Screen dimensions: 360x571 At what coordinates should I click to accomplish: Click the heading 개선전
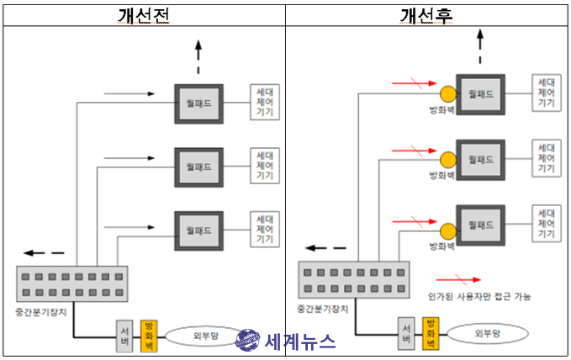pos(144,15)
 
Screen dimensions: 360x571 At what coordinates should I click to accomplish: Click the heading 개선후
pos(427,15)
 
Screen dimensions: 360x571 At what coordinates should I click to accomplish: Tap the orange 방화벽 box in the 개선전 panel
pos(149,335)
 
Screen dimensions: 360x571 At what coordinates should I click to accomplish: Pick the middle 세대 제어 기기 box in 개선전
pos(264,165)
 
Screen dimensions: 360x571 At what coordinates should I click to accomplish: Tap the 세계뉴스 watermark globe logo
pos(248,341)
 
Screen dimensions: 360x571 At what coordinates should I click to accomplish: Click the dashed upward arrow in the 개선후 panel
pos(481,44)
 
